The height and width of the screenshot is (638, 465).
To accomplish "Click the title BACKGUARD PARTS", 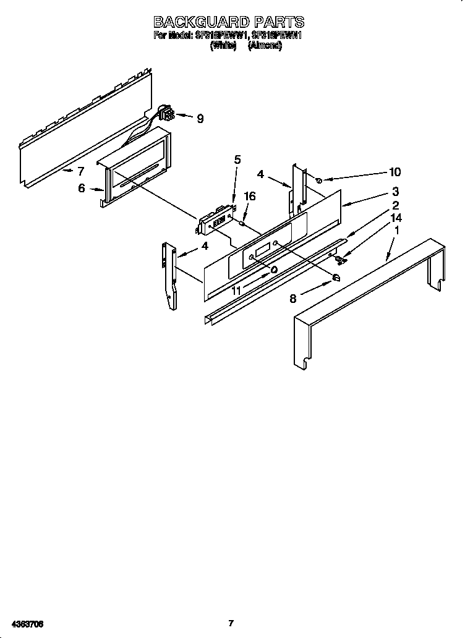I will click(x=229, y=22).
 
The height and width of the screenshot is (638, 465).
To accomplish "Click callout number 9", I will click(x=200, y=119).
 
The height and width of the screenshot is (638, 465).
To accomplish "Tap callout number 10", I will click(x=395, y=172).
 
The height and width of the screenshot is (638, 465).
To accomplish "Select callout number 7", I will click(x=80, y=171).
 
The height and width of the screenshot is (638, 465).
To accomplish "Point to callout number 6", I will click(x=82, y=189).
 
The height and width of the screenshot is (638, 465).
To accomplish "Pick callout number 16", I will click(x=250, y=196).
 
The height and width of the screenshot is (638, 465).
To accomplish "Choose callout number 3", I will click(x=395, y=192).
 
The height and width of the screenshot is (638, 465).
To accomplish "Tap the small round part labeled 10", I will click(x=319, y=180).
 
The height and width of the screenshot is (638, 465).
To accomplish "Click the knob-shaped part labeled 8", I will click(x=337, y=278).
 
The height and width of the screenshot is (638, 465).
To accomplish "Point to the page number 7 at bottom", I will click(x=230, y=623).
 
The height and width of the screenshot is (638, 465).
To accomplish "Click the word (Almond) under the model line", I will click(x=265, y=46).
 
